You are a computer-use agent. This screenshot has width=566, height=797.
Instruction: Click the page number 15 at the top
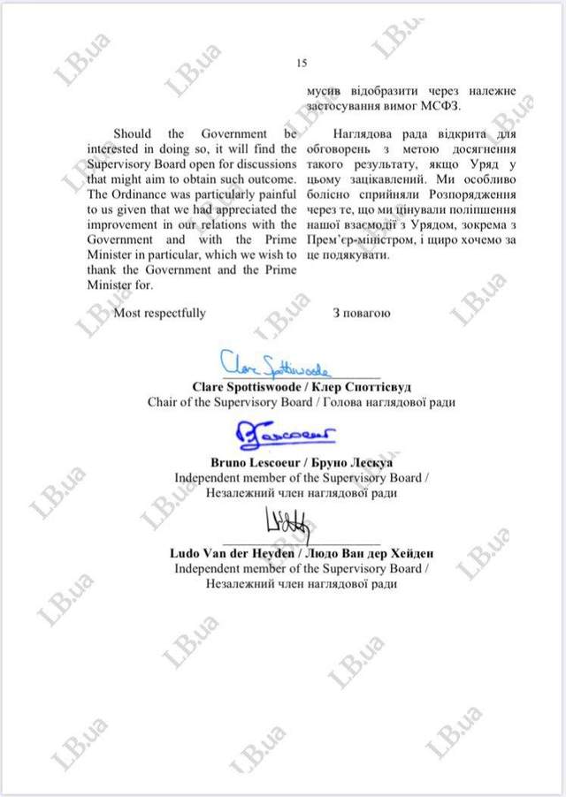(300, 63)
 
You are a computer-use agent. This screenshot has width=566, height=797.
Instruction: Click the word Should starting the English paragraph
(132, 134)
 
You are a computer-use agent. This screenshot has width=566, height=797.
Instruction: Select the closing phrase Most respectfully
(160, 313)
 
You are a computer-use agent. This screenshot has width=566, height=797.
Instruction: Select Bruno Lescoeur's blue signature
(282, 434)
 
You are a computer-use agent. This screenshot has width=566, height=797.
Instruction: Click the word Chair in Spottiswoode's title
(163, 401)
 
